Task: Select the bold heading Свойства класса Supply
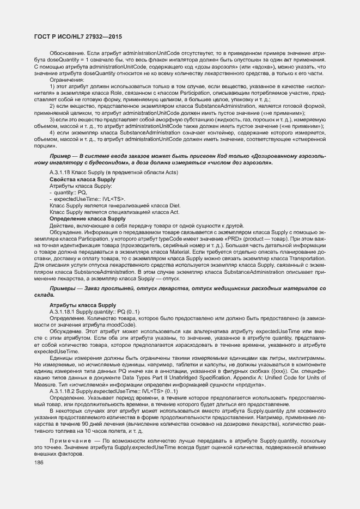pyautogui.click(x=82, y=179)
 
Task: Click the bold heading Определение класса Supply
pyautogui.click(x=88, y=219)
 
